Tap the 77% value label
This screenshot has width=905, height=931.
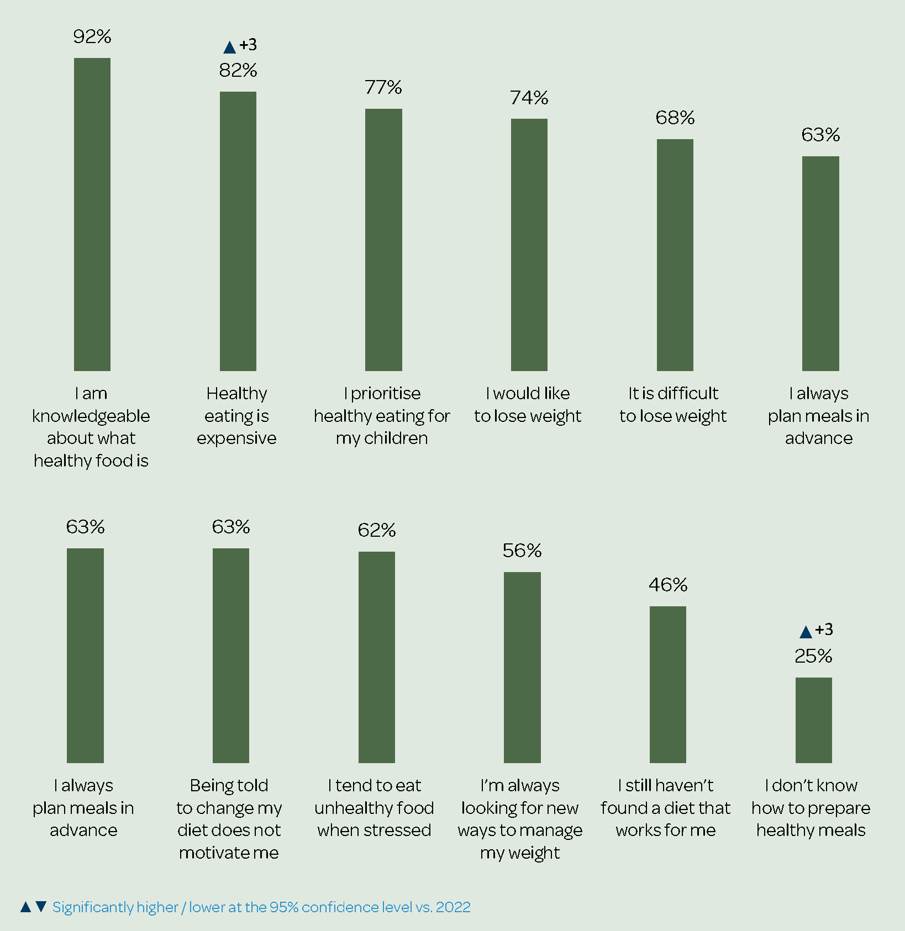coord(383,87)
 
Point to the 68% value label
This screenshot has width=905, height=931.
coord(675,118)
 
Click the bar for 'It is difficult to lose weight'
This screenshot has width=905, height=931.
coord(675,255)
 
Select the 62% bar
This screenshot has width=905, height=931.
coord(377,657)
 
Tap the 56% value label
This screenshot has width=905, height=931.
coord(522,551)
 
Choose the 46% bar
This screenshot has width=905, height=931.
coord(668,684)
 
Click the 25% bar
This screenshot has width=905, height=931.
coord(814,720)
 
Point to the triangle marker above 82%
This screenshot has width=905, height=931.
coord(230,47)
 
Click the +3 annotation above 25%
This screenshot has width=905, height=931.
coord(824,630)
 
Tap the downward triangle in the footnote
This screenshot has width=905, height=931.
coord(41,907)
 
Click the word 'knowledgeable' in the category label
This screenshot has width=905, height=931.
coord(91,416)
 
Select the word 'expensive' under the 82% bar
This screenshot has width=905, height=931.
coord(236,438)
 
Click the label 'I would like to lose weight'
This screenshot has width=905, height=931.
coord(528,404)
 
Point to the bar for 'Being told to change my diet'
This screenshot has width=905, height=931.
coord(231,655)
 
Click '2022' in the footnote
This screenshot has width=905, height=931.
coord(453,907)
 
